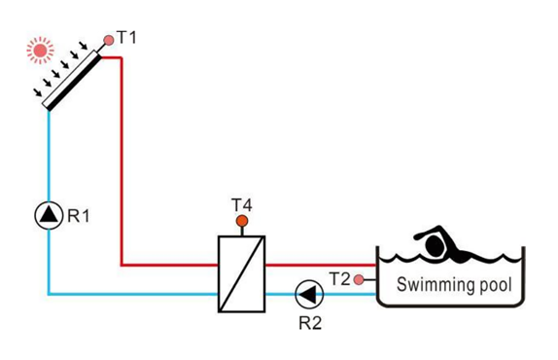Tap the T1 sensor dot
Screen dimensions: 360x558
[108, 42]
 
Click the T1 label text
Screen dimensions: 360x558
[127, 37]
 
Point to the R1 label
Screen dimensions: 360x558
[78, 216]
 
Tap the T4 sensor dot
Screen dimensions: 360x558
[242, 221]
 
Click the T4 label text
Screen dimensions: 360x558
[242, 204]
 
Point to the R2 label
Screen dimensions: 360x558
[309, 323]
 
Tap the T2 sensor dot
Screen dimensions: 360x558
[359, 280]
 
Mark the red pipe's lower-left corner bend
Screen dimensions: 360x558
[122, 264]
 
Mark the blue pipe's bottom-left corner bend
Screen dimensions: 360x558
[49, 293]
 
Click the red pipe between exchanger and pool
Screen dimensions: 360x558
[321, 264]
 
